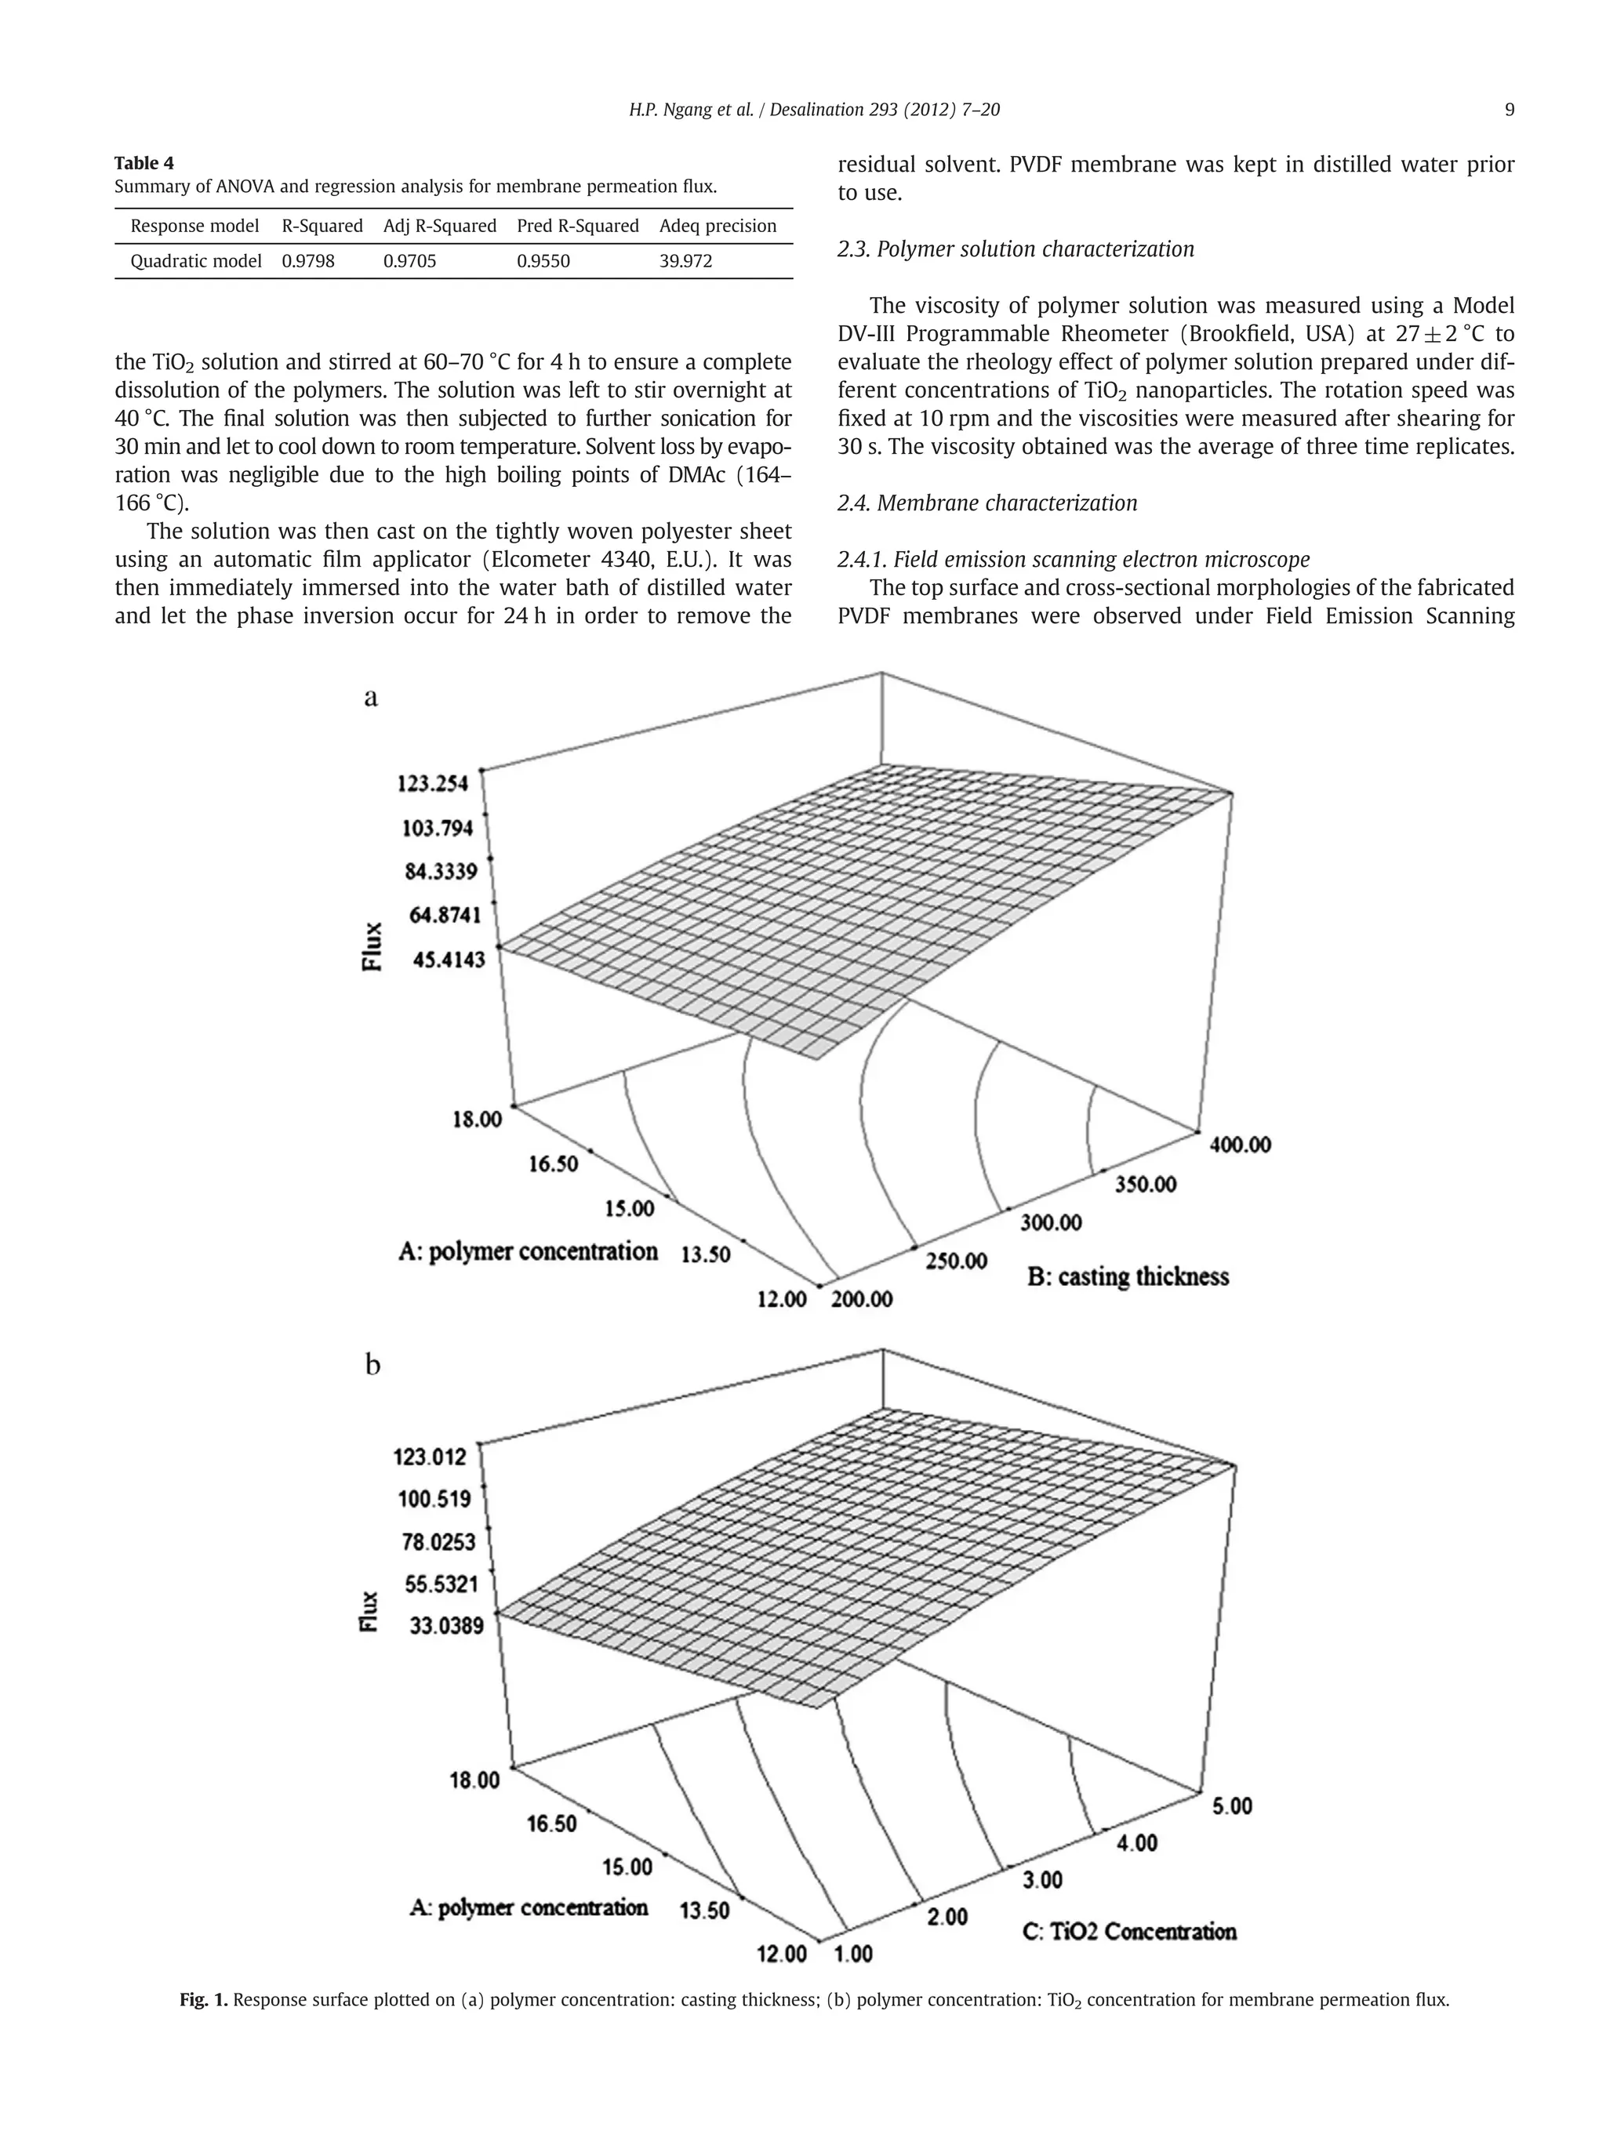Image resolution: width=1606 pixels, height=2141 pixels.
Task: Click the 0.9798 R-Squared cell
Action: tap(308, 261)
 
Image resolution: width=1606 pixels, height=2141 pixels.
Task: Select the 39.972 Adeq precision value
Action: tap(685, 261)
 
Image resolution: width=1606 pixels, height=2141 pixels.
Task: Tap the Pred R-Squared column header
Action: tap(577, 227)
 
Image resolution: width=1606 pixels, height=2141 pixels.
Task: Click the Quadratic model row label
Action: tap(195, 261)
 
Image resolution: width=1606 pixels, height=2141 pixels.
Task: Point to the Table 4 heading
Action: tap(144, 162)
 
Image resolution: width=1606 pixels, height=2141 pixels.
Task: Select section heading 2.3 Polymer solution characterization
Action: tap(1015, 250)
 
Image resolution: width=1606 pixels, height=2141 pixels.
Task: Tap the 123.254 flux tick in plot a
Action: tap(433, 782)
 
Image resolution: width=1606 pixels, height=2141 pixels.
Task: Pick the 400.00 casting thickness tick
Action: tap(1239, 1144)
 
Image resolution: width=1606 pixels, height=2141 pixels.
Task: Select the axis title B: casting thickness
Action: tap(1127, 1276)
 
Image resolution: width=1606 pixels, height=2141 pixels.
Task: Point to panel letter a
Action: tap(371, 698)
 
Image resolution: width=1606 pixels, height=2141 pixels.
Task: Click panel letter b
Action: tap(372, 1366)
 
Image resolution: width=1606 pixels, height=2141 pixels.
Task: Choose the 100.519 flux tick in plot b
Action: tap(434, 1499)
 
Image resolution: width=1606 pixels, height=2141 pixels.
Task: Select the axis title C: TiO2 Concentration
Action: tap(1128, 1931)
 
